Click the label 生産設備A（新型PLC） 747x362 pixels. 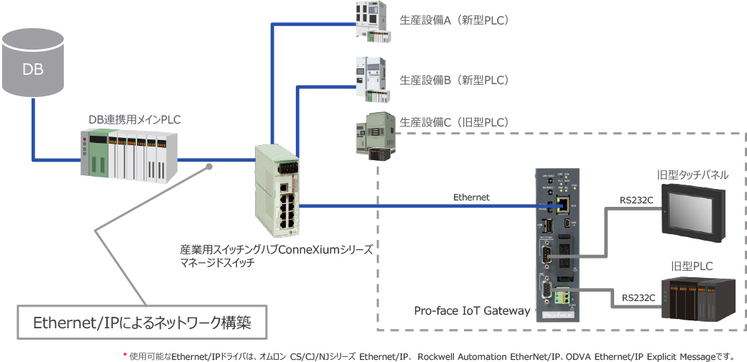(x=454, y=21)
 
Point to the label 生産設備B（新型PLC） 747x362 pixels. (x=454, y=80)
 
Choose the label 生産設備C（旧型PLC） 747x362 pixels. (x=454, y=122)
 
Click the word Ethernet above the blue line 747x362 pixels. (x=471, y=197)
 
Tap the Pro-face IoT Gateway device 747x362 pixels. (x=557, y=244)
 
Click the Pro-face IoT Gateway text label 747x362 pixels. (x=472, y=311)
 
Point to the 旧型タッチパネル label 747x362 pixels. (x=693, y=175)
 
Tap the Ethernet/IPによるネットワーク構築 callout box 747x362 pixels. (x=142, y=323)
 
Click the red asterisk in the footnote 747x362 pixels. (x=125, y=354)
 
